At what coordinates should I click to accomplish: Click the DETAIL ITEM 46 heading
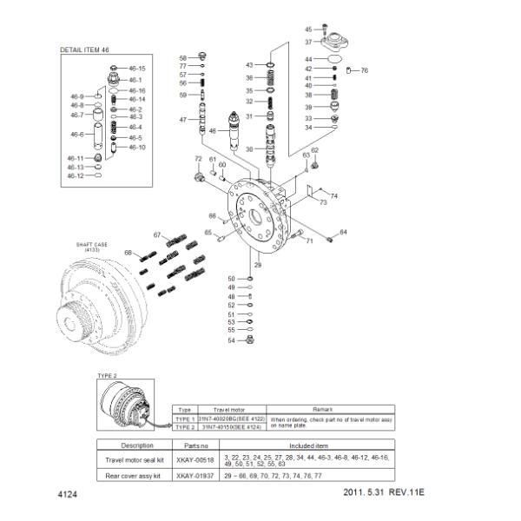pyautogui.click(x=84, y=50)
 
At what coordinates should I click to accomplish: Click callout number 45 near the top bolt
pyautogui.click(x=308, y=30)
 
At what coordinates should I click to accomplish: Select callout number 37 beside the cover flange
pyautogui.click(x=308, y=42)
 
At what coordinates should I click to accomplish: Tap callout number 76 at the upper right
pyautogui.click(x=365, y=70)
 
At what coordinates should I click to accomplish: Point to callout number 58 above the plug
pyautogui.click(x=183, y=57)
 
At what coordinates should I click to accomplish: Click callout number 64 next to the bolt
pyautogui.click(x=343, y=232)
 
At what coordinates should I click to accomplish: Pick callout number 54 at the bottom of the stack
pyautogui.click(x=231, y=340)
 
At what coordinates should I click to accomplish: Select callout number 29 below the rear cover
pyautogui.click(x=257, y=264)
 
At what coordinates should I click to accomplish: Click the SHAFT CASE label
pyautogui.click(x=87, y=246)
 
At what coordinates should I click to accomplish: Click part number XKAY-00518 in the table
pyautogui.click(x=193, y=459)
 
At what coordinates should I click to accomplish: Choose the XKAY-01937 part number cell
pyautogui.click(x=193, y=476)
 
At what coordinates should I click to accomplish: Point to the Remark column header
pyautogui.click(x=334, y=407)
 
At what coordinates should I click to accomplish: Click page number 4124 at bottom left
pyautogui.click(x=68, y=494)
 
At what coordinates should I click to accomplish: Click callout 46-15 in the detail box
pyautogui.click(x=137, y=68)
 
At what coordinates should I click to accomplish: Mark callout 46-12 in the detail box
pyautogui.click(x=76, y=175)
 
